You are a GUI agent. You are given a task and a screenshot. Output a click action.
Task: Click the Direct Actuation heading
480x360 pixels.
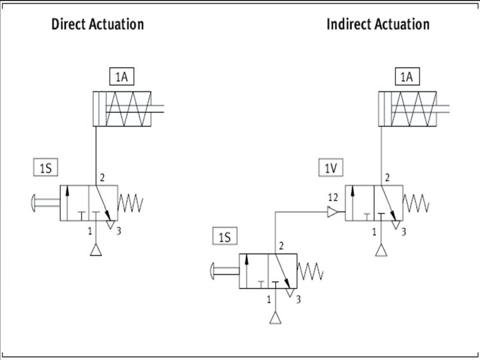click(97, 25)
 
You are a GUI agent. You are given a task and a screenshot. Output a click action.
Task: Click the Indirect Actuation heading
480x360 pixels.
click(377, 25)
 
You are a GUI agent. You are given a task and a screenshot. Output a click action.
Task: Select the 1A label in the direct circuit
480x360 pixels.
click(121, 77)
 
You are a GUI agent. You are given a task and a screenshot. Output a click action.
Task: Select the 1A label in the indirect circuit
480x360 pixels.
click(406, 77)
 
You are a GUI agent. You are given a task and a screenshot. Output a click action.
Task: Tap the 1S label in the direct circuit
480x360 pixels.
click(45, 168)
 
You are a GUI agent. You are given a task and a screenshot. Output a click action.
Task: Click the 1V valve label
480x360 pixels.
click(331, 168)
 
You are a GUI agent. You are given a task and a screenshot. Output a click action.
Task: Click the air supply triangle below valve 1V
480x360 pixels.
click(381, 251)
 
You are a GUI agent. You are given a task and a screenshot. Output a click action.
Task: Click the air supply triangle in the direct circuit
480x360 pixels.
click(96, 251)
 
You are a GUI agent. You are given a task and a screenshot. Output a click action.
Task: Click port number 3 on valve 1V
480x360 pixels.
click(404, 231)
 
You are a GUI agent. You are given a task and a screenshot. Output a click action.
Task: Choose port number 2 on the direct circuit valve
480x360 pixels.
click(103, 178)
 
